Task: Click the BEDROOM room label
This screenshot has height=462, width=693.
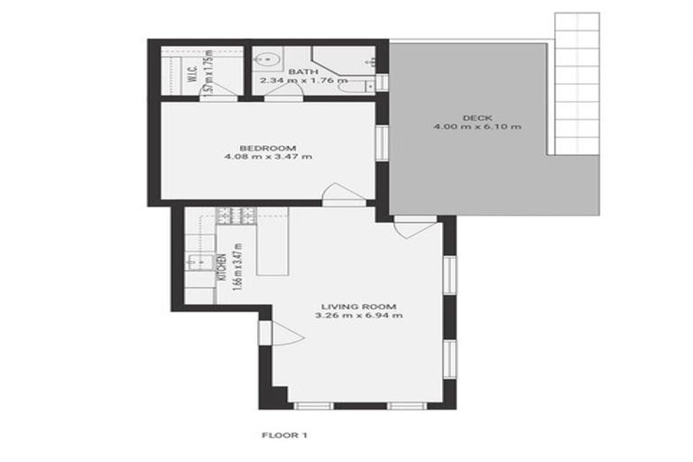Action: point(268,148)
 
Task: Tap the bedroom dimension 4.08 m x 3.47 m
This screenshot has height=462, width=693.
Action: point(268,158)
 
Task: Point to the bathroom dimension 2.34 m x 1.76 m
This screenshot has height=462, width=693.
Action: point(302,80)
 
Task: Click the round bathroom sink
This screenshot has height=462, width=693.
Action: point(267,61)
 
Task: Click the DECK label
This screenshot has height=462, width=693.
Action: point(476,117)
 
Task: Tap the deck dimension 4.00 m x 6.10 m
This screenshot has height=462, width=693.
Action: point(476,127)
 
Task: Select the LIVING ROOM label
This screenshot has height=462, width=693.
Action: point(358,306)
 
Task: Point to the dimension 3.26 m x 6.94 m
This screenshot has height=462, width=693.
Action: point(358,316)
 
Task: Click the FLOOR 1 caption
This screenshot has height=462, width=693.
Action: point(284,436)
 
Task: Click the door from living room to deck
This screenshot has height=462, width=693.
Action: point(413,226)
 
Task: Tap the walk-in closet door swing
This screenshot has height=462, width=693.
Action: point(225,91)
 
